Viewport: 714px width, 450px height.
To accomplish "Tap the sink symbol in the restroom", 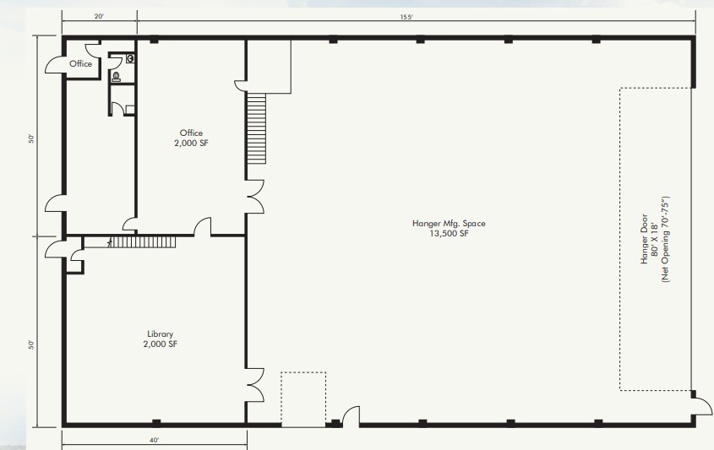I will [x=130, y=59].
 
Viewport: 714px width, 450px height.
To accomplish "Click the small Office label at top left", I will [x=81, y=64].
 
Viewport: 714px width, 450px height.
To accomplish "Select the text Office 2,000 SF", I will [x=191, y=138].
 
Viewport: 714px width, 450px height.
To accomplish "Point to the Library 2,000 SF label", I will [x=161, y=339].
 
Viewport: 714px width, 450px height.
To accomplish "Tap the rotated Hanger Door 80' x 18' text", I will [x=654, y=250].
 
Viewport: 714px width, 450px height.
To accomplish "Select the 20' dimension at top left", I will [x=99, y=17].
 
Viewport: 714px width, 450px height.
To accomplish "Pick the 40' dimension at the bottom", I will [x=154, y=440].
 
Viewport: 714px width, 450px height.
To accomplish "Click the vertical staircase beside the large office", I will [x=256, y=129].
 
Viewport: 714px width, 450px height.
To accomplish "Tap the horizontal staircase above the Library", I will [x=143, y=242].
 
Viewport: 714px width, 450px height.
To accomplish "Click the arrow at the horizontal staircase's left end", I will [x=109, y=242].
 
